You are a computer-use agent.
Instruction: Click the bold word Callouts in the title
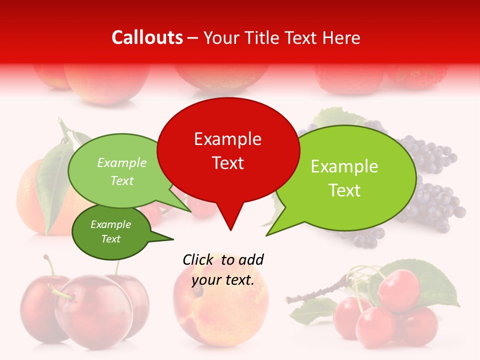pos(147,37)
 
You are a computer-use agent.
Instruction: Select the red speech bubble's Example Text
pos(227,151)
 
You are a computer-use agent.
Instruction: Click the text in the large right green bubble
pos(344,178)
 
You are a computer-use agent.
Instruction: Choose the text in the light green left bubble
pos(122,171)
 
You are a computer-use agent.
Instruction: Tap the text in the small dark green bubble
pos(110,231)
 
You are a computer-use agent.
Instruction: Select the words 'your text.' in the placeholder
pos(223,280)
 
